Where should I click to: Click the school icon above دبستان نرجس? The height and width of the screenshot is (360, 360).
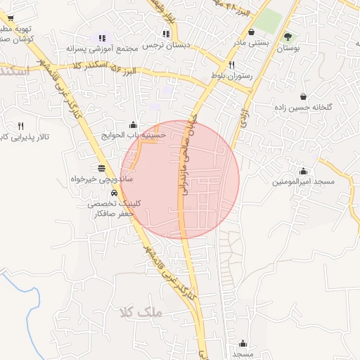click(166, 33)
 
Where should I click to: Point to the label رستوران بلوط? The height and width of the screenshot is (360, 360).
click(231, 75)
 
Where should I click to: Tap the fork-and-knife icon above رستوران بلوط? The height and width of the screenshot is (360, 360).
click(231, 64)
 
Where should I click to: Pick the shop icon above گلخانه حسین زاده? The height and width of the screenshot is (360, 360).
click(303, 96)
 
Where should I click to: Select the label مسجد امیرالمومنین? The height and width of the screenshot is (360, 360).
click(302, 182)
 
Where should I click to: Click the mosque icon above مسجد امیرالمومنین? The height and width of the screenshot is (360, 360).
click(303, 171)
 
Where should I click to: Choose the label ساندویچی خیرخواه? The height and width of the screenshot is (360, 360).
click(103, 180)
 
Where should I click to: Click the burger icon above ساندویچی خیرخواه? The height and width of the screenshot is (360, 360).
click(103, 168)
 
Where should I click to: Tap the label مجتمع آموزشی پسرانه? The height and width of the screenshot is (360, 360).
click(102, 49)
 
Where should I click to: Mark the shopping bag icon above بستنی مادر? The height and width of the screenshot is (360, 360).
click(252, 32)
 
